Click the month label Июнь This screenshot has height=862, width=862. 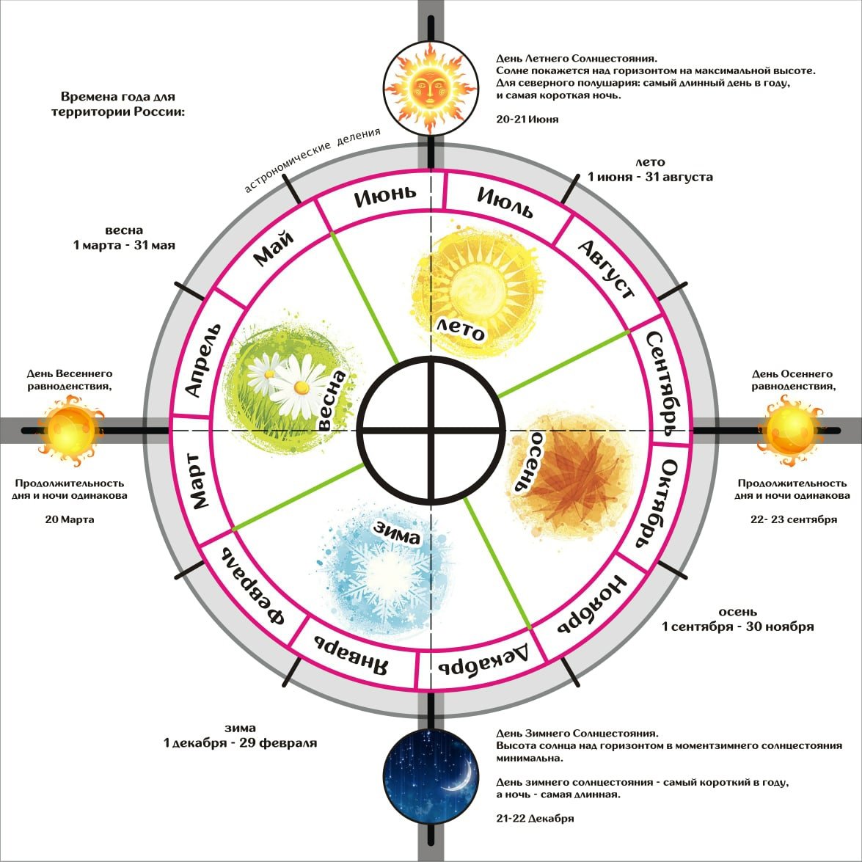[384, 197]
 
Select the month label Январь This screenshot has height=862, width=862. [350, 648]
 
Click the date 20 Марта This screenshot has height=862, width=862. [70, 519]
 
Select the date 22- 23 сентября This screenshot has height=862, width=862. [792, 519]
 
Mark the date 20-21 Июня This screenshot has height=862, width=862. [527, 119]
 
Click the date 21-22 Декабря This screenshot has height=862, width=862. [535, 818]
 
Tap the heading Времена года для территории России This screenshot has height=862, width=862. [117, 104]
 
